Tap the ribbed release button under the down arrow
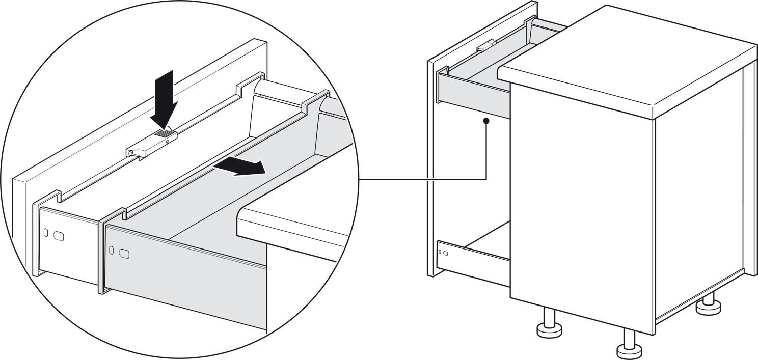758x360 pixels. (x=165, y=134)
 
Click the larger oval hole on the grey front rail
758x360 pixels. (x=124, y=253)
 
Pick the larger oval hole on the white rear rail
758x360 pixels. (x=59, y=236)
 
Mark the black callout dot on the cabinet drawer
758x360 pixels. (x=486, y=121)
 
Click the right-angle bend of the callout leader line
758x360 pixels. (x=486, y=179)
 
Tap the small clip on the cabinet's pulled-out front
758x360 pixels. (x=485, y=46)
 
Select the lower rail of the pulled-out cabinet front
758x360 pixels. (x=474, y=259)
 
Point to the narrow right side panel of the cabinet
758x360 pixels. (x=748, y=168)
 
